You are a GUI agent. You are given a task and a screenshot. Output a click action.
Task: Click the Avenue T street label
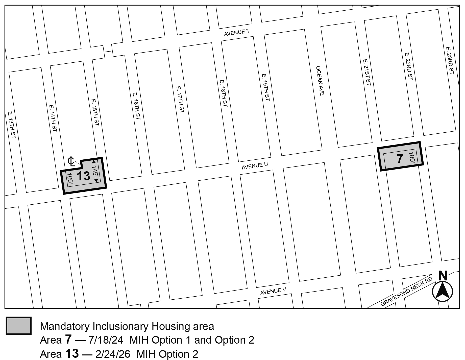click(237, 33)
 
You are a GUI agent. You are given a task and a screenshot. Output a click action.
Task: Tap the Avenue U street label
click(255, 166)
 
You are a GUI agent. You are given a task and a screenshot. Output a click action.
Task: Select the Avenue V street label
click(273, 291)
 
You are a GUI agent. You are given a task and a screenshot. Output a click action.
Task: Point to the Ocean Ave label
click(320, 81)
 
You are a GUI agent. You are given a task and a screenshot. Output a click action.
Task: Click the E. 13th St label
click(12, 125)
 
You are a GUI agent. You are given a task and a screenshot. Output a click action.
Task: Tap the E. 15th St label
click(95, 112)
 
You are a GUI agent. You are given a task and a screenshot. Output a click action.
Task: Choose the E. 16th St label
click(136, 106)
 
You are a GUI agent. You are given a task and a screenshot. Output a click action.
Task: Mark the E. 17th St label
click(180, 100)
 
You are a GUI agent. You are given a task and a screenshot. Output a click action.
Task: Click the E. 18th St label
click(224, 93)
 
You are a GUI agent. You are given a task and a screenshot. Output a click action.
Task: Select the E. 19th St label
click(266, 87)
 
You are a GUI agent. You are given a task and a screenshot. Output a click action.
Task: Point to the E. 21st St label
click(367, 72)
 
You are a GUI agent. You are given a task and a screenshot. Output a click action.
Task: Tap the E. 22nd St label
click(408, 66)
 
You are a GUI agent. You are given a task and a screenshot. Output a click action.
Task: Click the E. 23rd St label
click(450, 60)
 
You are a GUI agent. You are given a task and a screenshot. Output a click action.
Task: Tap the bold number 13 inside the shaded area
click(83, 176)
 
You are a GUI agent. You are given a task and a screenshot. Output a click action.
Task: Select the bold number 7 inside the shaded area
click(400, 159)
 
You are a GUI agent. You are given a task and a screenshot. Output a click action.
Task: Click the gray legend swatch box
click(19, 326)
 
